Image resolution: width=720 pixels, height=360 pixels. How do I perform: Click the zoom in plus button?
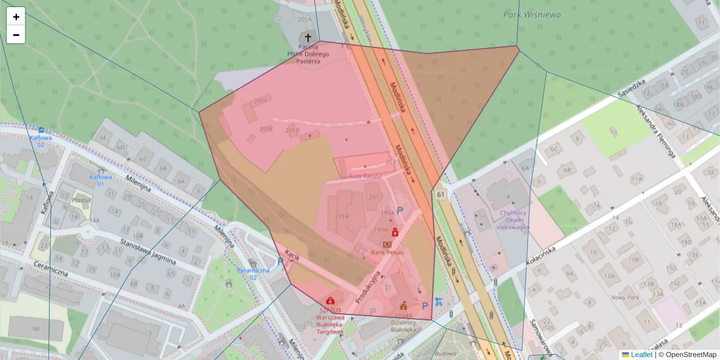click(x=16, y=17)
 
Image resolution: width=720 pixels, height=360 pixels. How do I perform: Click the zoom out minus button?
click(x=16, y=35)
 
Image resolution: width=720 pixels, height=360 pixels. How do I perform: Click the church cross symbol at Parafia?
click(x=308, y=37)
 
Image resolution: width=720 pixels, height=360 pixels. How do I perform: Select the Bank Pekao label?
click(x=387, y=253)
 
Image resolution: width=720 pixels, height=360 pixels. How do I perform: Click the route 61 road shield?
click(x=442, y=194)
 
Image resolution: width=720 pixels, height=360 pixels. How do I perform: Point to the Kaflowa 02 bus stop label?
click(x=41, y=140)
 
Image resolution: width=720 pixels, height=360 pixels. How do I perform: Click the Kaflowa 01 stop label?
click(x=101, y=180)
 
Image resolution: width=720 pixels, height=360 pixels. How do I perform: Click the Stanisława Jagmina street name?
click(x=148, y=252)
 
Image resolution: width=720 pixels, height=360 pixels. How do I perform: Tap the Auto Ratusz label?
click(x=365, y=176)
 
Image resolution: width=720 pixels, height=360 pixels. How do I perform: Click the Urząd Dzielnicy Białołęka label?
click(x=403, y=325)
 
